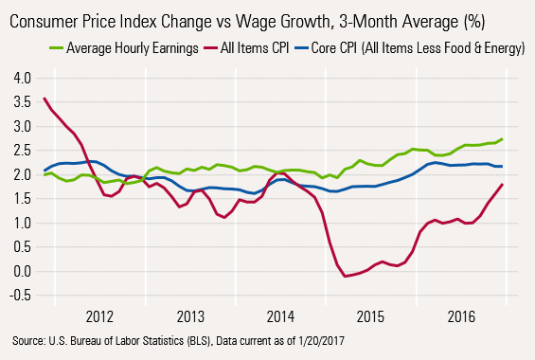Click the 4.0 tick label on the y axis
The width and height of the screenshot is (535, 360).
(18, 77)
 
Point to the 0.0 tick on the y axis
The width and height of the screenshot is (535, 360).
(18, 272)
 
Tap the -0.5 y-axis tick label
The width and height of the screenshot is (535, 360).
(16, 296)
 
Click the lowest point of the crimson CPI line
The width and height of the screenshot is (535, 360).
(347, 277)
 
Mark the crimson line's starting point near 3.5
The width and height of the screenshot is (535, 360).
(45, 99)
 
